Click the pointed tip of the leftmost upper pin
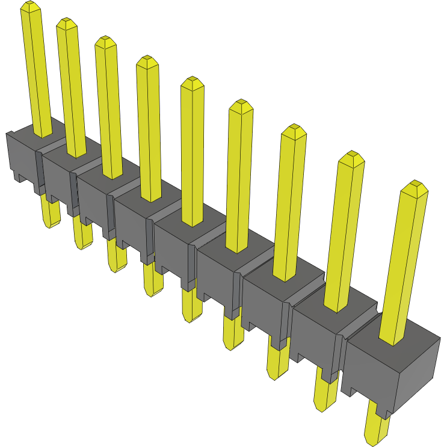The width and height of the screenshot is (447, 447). [x=31, y=5]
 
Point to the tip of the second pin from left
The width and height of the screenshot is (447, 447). [x=67, y=22]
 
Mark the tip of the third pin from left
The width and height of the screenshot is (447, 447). [x=105, y=40]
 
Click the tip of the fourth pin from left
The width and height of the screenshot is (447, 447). [x=146, y=60]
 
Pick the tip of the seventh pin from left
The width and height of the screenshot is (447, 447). [x=294, y=129]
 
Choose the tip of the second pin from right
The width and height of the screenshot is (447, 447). [x=351, y=156]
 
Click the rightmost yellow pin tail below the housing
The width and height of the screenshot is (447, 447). [x=377, y=430]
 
